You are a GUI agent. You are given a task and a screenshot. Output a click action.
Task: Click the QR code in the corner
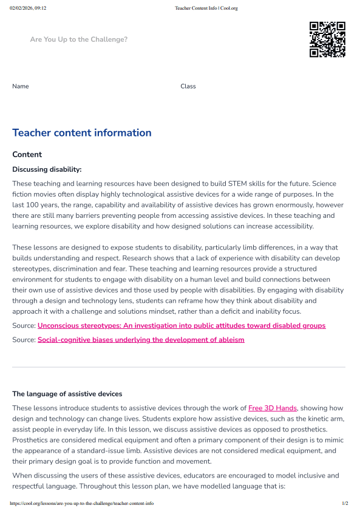click(x=327, y=39)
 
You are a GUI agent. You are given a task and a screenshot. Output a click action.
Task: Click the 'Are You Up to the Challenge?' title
click(x=79, y=39)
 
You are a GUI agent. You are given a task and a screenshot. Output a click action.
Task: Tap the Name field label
click(x=21, y=86)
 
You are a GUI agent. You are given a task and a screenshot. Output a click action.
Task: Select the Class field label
click(x=188, y=86)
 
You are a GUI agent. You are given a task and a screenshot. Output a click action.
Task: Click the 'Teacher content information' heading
click(x=82, y=133)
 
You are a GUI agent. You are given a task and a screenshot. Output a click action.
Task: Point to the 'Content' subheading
click(x=27, y=155)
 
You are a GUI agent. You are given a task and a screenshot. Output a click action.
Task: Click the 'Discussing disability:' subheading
click(x=47, y=169)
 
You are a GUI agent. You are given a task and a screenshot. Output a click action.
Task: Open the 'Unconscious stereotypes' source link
click(x=182, y=326)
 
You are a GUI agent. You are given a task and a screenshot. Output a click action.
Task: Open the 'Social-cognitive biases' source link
click(x=141, y=340)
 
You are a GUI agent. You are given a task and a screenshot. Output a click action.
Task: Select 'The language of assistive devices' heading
click(x=67, y=394)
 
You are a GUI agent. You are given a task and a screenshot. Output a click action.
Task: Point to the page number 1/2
click(x=345, y=503)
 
